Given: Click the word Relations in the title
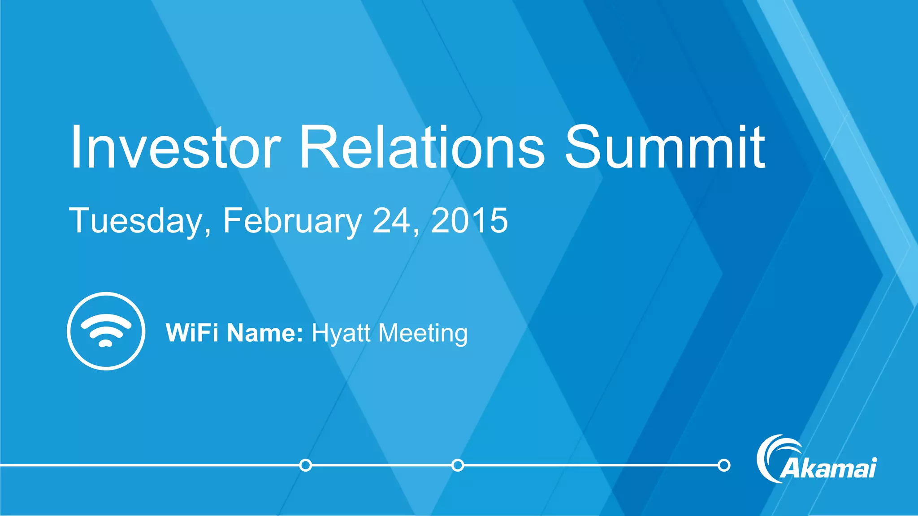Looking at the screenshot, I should (x=421, y=148).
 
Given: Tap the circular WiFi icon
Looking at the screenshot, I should (x=106, y=331).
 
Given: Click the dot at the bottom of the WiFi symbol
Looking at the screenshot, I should (x=105, y=344).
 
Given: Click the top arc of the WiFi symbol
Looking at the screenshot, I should (x=106, y=319).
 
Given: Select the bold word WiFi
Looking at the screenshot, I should (x=192, y=333).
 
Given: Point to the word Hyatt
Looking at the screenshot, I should (x=341, y=333).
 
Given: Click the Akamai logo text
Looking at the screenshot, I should (x=828, y=469).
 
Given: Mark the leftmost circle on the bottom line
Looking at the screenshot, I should (x=305, y=465).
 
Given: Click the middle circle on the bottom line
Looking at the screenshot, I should (x=458, y=465).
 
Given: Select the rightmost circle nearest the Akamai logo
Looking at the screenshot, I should (x=724, y=465).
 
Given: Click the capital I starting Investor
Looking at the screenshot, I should (x=76, y=148).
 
